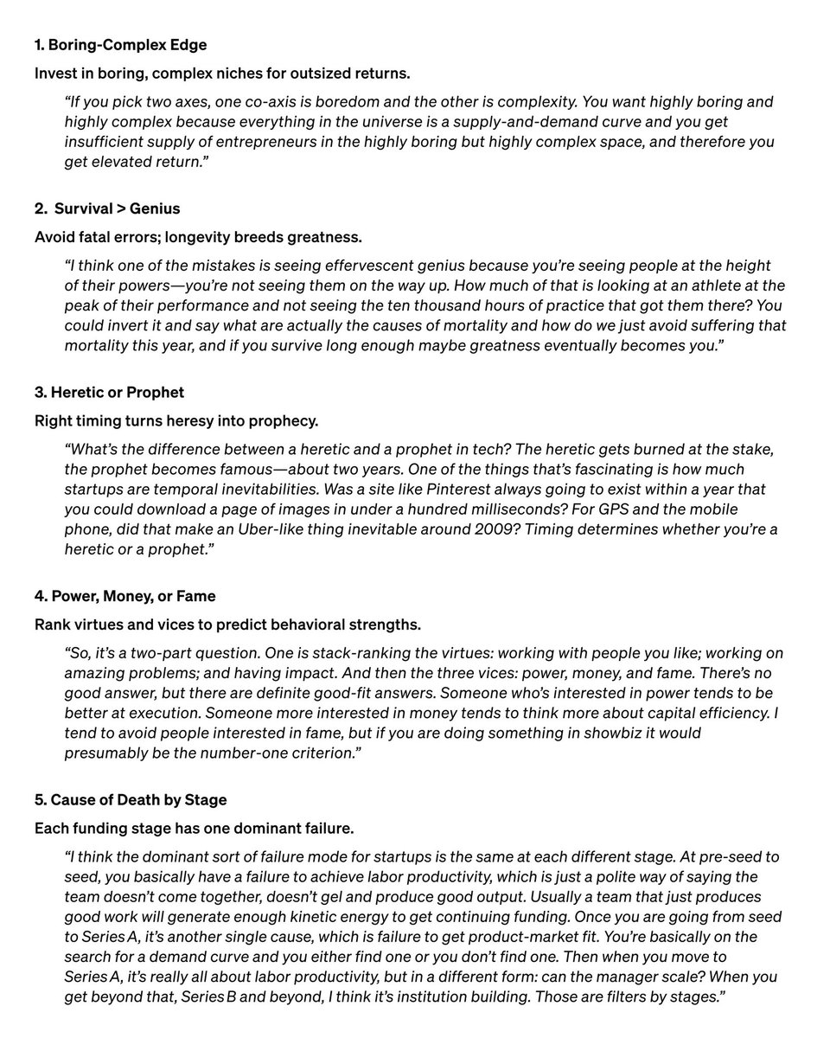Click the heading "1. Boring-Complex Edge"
pos(120,44)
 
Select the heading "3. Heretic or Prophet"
pos(109,392)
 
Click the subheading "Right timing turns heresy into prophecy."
pos(176,421)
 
